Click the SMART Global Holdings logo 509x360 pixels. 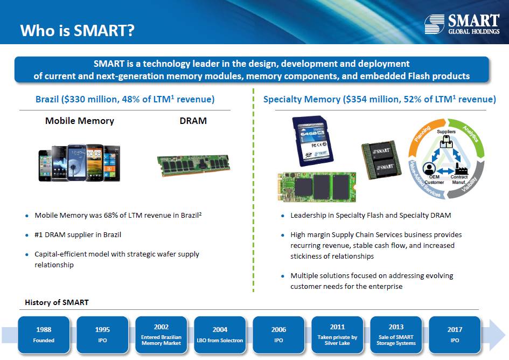[462, 24]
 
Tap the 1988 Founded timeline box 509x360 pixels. [44, 335]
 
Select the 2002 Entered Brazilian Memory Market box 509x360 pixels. [162, 335]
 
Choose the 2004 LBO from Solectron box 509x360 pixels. [220, 335]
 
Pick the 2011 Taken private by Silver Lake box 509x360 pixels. [337, 335]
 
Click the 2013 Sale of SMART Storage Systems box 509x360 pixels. [396, 335]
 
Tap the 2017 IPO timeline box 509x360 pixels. [455, 335]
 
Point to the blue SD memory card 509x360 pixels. [312, 141]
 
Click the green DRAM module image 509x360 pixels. [193, 165]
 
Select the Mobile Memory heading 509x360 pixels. [80, 121]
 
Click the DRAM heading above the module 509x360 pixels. [193, 121]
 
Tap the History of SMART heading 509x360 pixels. [57, 302]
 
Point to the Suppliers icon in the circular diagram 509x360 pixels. [446, 141]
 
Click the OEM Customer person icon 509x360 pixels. [429, 169]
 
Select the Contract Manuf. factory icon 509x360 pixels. [461, 169]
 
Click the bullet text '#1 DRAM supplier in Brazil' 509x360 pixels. [78, 234]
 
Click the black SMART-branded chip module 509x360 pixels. [381, 160]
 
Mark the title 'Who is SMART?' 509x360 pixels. [77, 30]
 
